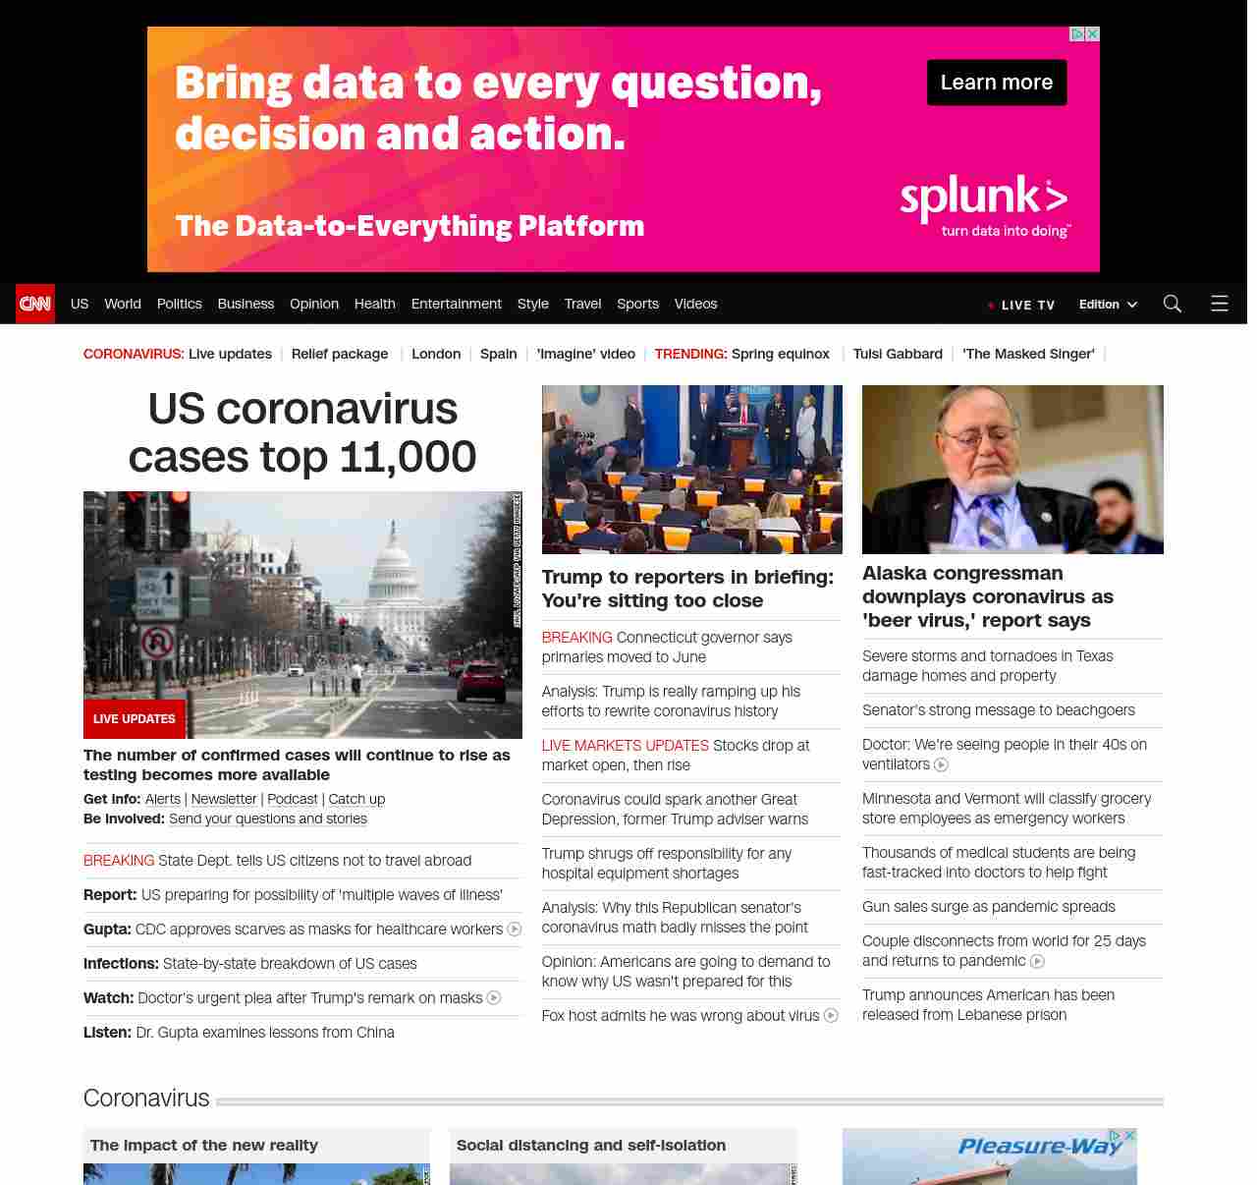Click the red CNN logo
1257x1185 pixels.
click(35, 304)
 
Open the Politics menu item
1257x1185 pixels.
click(179, 304)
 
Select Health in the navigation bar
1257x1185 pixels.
click(374, 304)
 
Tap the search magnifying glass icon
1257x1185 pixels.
click(1172, 304)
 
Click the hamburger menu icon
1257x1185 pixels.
click(1219, 304)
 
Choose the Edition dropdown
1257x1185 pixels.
click(1108, 305)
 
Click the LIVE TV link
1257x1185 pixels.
click(1027, 305)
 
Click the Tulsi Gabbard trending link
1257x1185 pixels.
click(897, 354)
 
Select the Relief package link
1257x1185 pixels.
click(339, 354)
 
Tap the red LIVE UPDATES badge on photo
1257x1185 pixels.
click(134, 719)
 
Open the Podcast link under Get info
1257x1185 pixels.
click(293, 800)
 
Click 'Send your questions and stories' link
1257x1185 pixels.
click(268, 819)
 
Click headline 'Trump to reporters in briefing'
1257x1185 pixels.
click(687, 589)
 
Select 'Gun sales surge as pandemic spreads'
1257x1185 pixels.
click(988, 907)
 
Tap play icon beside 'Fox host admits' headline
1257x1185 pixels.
click(831, 1016)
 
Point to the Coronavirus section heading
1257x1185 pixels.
click(146, 1098)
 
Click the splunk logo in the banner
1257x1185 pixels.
click(983, 199)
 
